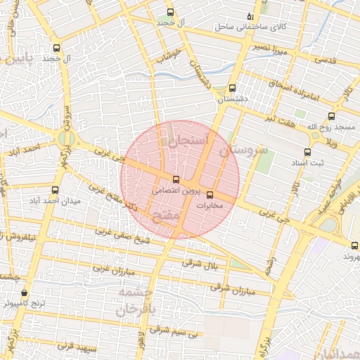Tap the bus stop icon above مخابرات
click(x=210, y=195)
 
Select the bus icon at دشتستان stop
click(x=232, y=88)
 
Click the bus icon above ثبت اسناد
click(x=307, y=152)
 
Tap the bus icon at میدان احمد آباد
click(x=56, y=189)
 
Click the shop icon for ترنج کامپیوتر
click(x=25, y=293)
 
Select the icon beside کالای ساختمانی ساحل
click(x=250, y=16)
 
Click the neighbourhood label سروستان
click(x=243, y=150)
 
